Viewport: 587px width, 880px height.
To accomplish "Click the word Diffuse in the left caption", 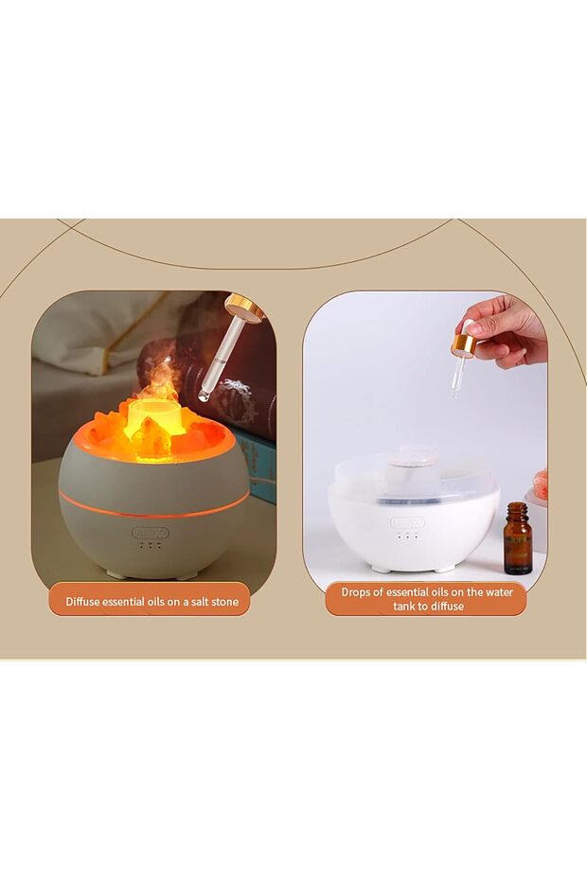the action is point(83,602).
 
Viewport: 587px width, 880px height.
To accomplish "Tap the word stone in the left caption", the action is point(224,602).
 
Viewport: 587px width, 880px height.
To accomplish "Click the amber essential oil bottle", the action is point(518,537).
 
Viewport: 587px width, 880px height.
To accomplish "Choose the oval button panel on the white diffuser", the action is point(408,523).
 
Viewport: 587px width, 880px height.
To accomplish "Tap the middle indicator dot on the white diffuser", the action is point(408,536).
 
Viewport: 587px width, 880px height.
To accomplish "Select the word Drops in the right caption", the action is point(357,591).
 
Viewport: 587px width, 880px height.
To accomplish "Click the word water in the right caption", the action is point(498,591).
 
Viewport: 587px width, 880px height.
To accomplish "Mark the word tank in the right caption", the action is point(404,607).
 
